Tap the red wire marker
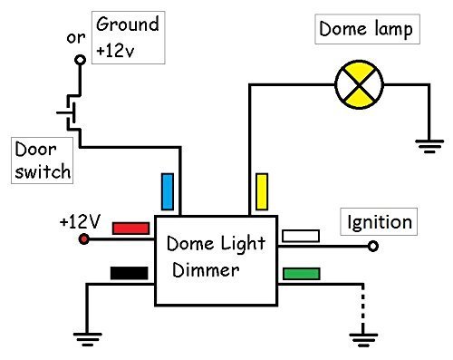(x=130, y=229)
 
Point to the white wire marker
(x=301, y=236)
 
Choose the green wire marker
(x=301, y=273)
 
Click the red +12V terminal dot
(x=84, y=238)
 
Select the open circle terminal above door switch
(x=80, y=59)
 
